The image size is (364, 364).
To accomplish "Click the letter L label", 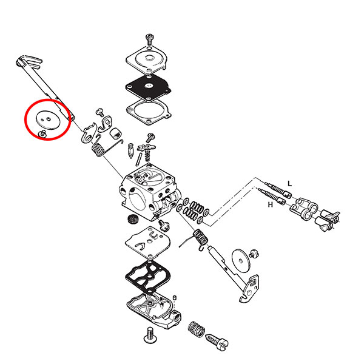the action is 289,183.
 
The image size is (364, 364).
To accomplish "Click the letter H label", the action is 270,204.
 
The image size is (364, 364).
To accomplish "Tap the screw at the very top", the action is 149,39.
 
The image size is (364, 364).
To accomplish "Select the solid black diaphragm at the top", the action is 149,87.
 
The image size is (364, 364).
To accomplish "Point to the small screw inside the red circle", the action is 42,133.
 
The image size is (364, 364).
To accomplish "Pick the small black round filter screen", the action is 133,218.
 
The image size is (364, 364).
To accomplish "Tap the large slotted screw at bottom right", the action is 217,342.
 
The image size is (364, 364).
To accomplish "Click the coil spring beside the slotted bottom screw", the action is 196,329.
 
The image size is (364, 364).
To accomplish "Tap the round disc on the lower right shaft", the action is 241,261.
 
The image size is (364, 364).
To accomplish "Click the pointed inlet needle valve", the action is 131,150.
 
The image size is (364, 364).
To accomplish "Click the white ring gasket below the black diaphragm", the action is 149,112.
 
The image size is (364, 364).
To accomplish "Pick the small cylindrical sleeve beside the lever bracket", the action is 115,133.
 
